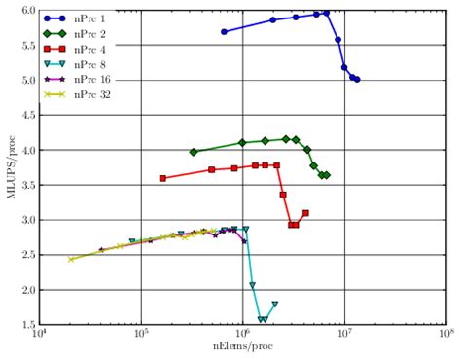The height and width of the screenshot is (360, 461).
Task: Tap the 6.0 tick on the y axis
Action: pos(28,11)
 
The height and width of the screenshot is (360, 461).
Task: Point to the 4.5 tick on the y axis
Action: pos(28,116)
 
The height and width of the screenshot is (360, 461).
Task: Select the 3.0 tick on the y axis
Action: pos(28,221)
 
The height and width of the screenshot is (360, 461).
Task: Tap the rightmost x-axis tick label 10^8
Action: pos(444,337)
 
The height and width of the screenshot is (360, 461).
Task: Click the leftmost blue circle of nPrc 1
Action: pos(224,31)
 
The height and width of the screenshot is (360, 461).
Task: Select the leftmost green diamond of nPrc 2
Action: pos(194,152)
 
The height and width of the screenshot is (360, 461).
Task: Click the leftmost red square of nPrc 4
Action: pos(162,178)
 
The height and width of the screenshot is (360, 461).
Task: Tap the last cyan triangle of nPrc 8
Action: pos(275,304)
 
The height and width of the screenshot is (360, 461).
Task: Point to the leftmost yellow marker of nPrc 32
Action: pos(70,259)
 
